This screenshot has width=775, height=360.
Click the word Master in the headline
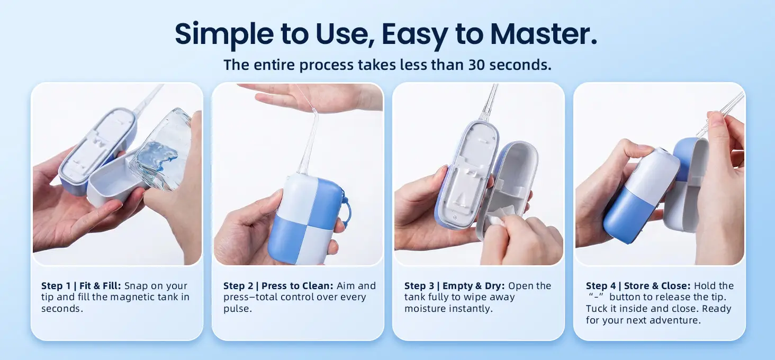click(x=544, y=34)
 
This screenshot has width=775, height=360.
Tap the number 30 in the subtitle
click(x=476, y=65)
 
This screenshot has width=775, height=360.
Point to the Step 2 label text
click(x=238, y=286)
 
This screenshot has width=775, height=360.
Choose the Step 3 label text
click(x=419, y=286)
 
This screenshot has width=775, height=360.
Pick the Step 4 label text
click(x=601, y=286)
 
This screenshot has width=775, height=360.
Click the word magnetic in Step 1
click(x=132, y=298)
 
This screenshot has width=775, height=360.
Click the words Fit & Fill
click(x=100, y=286)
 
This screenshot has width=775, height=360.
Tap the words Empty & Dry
click(x=474, y=286)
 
